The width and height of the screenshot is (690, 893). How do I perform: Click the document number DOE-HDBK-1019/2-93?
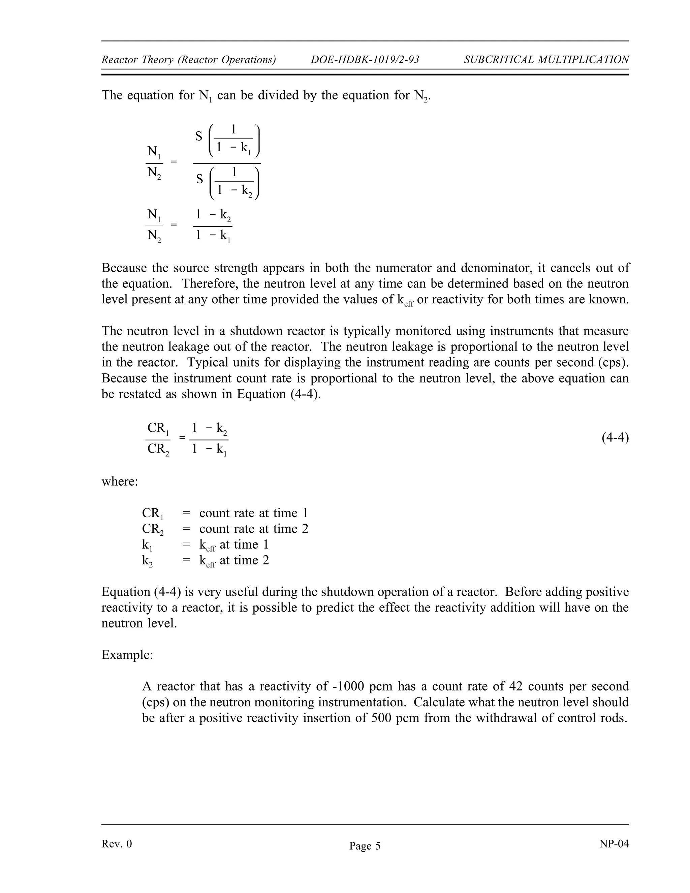point(365,60)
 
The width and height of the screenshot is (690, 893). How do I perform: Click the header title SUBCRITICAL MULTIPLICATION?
point(546,60)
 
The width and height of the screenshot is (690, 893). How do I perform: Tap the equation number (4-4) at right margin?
point(615,438)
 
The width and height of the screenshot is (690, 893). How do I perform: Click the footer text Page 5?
point(365,845)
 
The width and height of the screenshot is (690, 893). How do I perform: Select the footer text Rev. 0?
point(117,843)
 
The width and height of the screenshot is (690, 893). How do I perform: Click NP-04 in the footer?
point(614,843)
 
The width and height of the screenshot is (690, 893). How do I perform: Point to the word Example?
point(127,655)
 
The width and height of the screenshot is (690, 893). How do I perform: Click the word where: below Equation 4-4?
point(120,481)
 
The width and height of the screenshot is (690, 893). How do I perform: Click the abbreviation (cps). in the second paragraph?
point(613,362)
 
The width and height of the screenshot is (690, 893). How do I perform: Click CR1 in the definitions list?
point(153,514)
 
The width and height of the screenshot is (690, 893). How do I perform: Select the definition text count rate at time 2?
point(253,529)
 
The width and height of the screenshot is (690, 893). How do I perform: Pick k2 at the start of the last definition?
point(147,561)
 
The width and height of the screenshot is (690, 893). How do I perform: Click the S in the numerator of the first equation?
point(199,136)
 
